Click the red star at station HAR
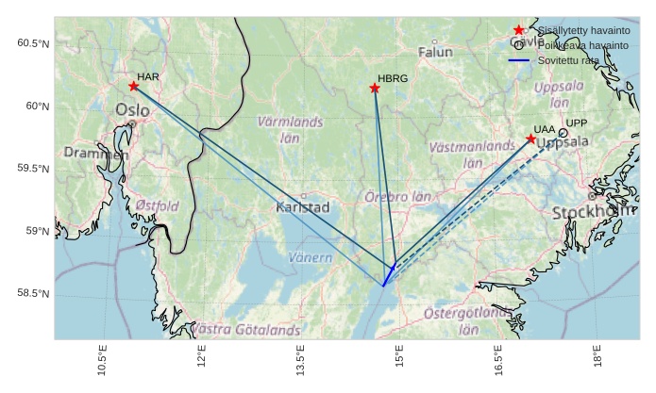tap(134, 86)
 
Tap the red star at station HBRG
tap(375, 88)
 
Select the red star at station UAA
tap(530, 139)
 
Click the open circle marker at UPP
tap(563, 133)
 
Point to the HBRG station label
tap(393, 79)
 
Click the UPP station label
tap(577, 123)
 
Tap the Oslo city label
tap(132, 111)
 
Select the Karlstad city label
tap(302, 206)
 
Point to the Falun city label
tap(435, 52)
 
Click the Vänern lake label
tap(310, 257)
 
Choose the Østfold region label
tap(157, 205)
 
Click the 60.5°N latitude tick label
tap(33, 44)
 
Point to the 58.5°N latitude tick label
tap(33, 294)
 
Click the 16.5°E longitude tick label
tap(498, 362)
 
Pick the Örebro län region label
tap(397, 198)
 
